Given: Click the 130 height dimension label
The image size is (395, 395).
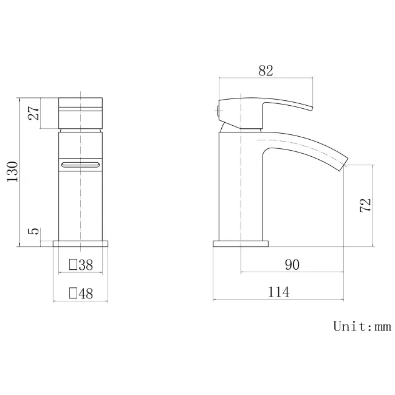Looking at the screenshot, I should (12, 172).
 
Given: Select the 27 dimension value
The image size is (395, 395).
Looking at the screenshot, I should (33, 112).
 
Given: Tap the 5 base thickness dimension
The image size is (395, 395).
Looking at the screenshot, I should (34, 232).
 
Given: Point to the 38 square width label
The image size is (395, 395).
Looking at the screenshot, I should (86, 264).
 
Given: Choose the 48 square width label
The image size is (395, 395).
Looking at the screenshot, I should (86, 294).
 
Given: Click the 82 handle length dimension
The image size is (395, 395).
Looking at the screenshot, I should (265, 70).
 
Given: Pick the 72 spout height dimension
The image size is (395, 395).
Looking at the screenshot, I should (365, 205).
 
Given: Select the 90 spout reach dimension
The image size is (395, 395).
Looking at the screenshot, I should (292, 264).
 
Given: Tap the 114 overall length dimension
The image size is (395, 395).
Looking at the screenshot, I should (278, 292).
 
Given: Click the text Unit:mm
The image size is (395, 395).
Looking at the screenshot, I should (362, 327).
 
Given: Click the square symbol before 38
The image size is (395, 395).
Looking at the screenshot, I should (74, 265).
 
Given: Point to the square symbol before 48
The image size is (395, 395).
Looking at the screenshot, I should (74, 294).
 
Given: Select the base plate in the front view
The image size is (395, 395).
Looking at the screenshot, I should (81, 244).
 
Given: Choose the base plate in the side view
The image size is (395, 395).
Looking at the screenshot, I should (241, 244).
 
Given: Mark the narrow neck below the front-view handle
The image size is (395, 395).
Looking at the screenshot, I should (80, 128).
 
